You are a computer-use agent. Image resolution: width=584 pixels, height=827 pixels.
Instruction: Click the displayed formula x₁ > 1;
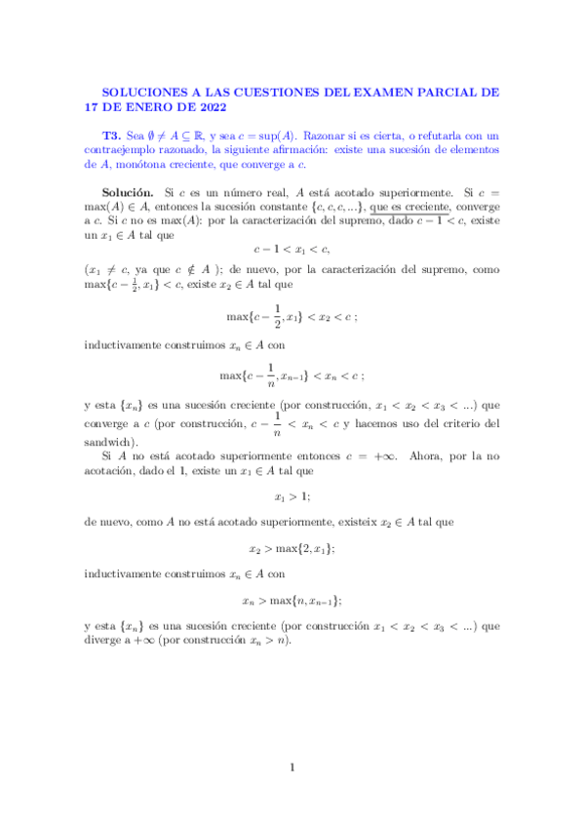coord(292,496)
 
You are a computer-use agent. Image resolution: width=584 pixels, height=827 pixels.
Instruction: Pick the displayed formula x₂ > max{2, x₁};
coord(292,548)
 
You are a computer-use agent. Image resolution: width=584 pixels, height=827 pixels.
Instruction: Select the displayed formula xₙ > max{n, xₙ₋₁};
coord(292,601)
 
